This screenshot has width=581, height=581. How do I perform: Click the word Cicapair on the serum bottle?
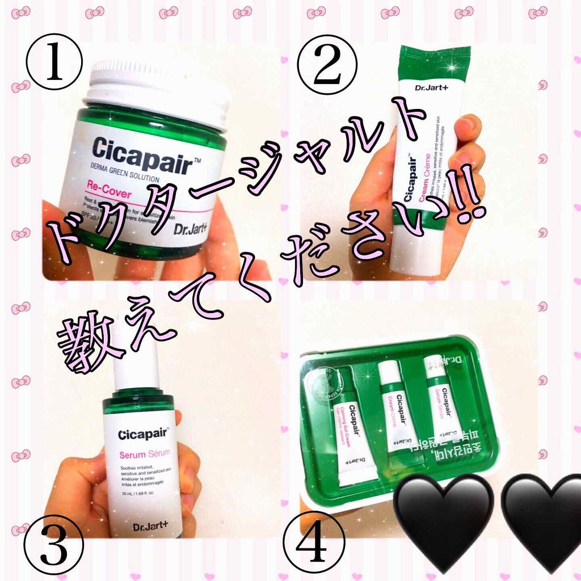(143, 436)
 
